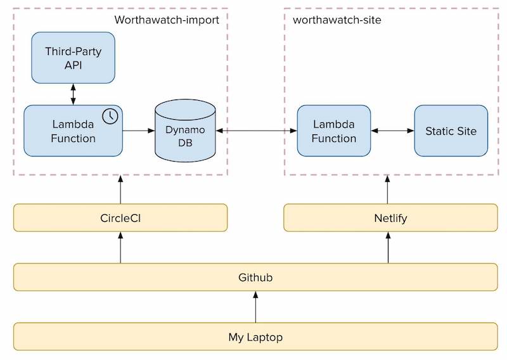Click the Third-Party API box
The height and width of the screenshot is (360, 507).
pos(73,58)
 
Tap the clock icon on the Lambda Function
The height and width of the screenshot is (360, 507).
pos(110,116)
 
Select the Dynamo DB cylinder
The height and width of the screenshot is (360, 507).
pos(185,131)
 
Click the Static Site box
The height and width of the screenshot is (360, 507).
pos(451,131)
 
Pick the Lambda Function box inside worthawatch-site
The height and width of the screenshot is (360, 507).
pos(334,131)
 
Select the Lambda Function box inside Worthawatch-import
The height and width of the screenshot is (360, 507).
pos(73,131)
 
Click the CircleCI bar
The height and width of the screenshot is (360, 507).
pos(120,217)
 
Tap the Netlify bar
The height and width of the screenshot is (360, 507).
pos(390,217)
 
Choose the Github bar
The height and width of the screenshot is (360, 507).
pos(255,277)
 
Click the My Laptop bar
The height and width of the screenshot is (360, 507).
pos(255,337)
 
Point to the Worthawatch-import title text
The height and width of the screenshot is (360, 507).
pos(167,20)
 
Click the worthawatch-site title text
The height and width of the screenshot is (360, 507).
pos(337,20)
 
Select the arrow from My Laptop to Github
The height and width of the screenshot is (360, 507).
pos(256,307)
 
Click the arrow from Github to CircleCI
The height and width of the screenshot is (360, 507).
pos(120,247)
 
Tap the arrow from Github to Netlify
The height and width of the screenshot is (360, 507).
pos(388,247)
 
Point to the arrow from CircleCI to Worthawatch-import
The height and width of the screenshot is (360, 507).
pos(120,190)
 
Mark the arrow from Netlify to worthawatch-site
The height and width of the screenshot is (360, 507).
pos(387,190)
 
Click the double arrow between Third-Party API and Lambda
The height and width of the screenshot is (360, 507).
pos(73,94)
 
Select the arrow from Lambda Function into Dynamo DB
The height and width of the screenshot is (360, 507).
pos(139,131)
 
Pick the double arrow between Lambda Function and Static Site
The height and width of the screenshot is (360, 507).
pos(392,131)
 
